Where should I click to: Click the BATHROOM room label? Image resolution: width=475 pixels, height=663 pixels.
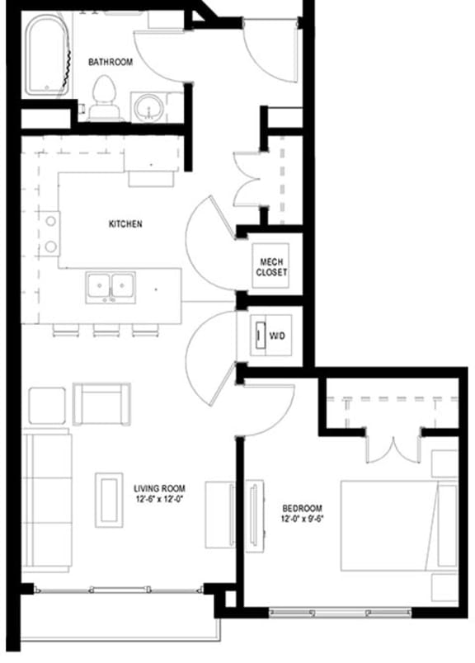[x=111, y=61]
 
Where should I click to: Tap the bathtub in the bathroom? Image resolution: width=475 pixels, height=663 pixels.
[x=49, y=57]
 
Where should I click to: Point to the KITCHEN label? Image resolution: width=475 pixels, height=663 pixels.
[x=125, y=223]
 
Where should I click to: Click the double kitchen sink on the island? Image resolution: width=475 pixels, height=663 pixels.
[x=111, y=286]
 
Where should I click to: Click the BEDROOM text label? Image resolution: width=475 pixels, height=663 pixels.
[x=302, y=509]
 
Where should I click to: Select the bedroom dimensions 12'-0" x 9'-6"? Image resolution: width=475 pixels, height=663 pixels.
[x=302, y=520]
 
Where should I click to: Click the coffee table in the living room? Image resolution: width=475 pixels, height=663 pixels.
[x=109, y=499]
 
